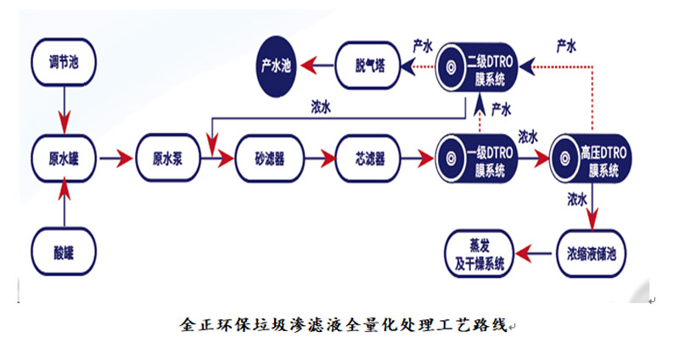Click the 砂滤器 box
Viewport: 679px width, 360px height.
269,158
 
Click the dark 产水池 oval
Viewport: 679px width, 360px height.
276,65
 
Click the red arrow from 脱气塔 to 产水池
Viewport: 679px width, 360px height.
320,65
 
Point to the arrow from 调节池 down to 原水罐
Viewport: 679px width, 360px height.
65,109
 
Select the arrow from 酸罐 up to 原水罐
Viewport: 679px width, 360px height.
65,205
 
